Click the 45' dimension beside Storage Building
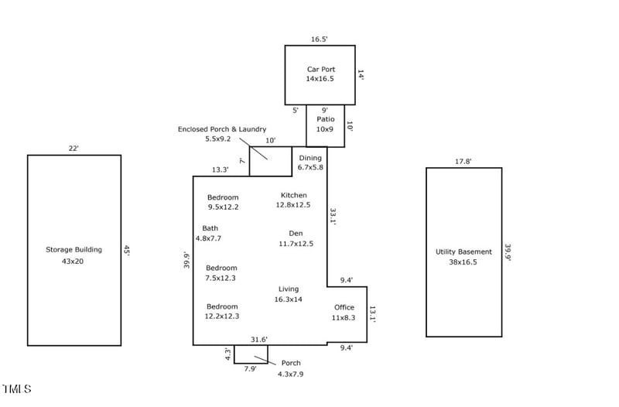coord(127,250)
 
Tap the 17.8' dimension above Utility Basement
coord(463,162)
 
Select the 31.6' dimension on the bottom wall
coord(259,339)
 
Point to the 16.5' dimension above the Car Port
coord(320,39)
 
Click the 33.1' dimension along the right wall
coord(333,216)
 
